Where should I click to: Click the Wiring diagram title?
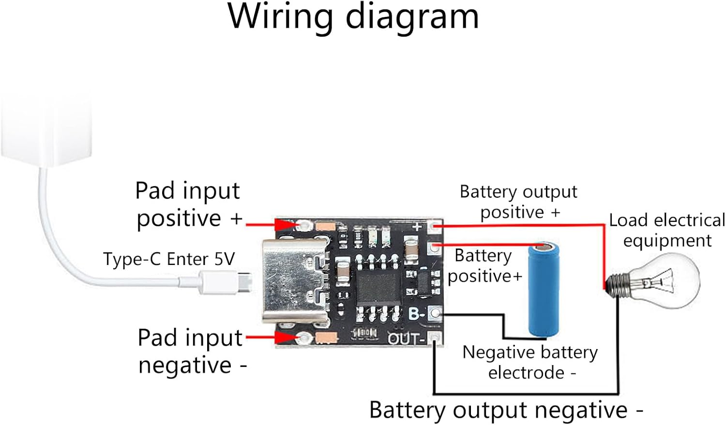tap(353, 17)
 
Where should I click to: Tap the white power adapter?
tap(46, 131)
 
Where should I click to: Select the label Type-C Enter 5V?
tap(168, 259)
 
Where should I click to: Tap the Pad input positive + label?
tap(188, 205)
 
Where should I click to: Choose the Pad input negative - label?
tap(192, 351)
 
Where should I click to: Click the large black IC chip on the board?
tap(378, 285)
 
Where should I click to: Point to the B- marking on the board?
tap(417, 314)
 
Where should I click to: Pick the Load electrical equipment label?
tap(667, 230)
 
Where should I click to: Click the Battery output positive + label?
tap(518, 202)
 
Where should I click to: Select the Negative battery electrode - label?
tap(530, 362)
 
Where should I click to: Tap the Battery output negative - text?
tap(506, 410)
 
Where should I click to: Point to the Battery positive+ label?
tap(484, 265)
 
